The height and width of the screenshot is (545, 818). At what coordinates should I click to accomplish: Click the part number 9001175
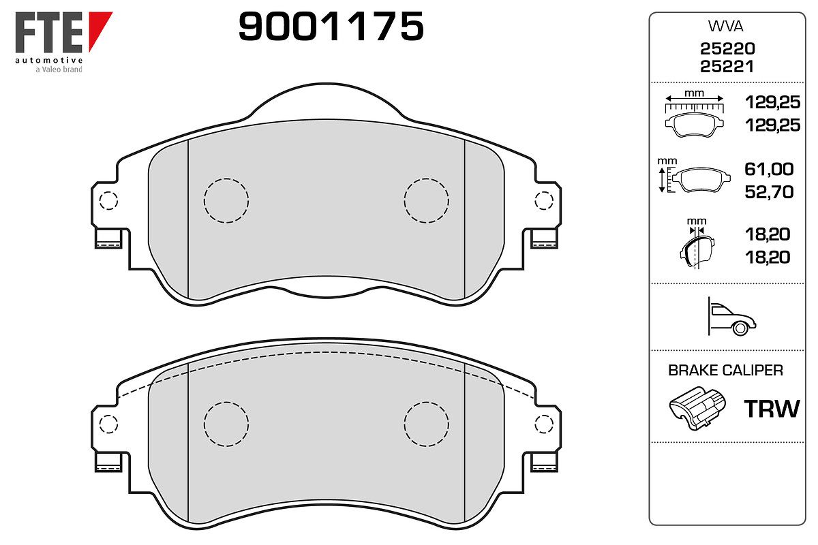click(x=331, y=26)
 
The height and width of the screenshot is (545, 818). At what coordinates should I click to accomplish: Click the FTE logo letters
click(x=48, y=32)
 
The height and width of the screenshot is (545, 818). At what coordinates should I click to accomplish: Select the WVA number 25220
click(x=727, y=48)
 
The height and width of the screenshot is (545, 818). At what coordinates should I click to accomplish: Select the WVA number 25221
click(x=727, y=67)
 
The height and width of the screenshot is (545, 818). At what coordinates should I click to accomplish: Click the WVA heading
click(x=725, y=27)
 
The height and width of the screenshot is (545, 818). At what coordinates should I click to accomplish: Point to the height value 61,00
click(x=769, y=169)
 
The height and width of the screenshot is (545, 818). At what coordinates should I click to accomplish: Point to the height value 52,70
click(x=769, y=192)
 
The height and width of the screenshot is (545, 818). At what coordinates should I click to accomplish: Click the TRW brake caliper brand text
click(x=772, y=409)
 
